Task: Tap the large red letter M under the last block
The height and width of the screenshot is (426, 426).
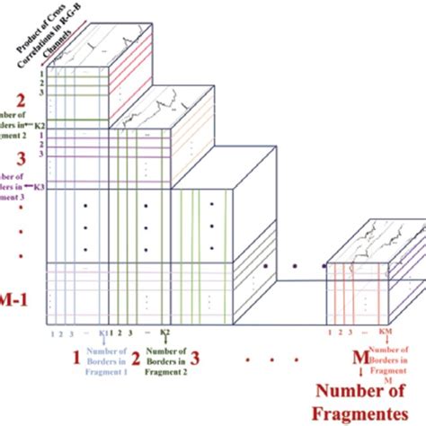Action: coord(359,359)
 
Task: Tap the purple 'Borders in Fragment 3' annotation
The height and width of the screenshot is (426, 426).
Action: coord(16,186)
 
